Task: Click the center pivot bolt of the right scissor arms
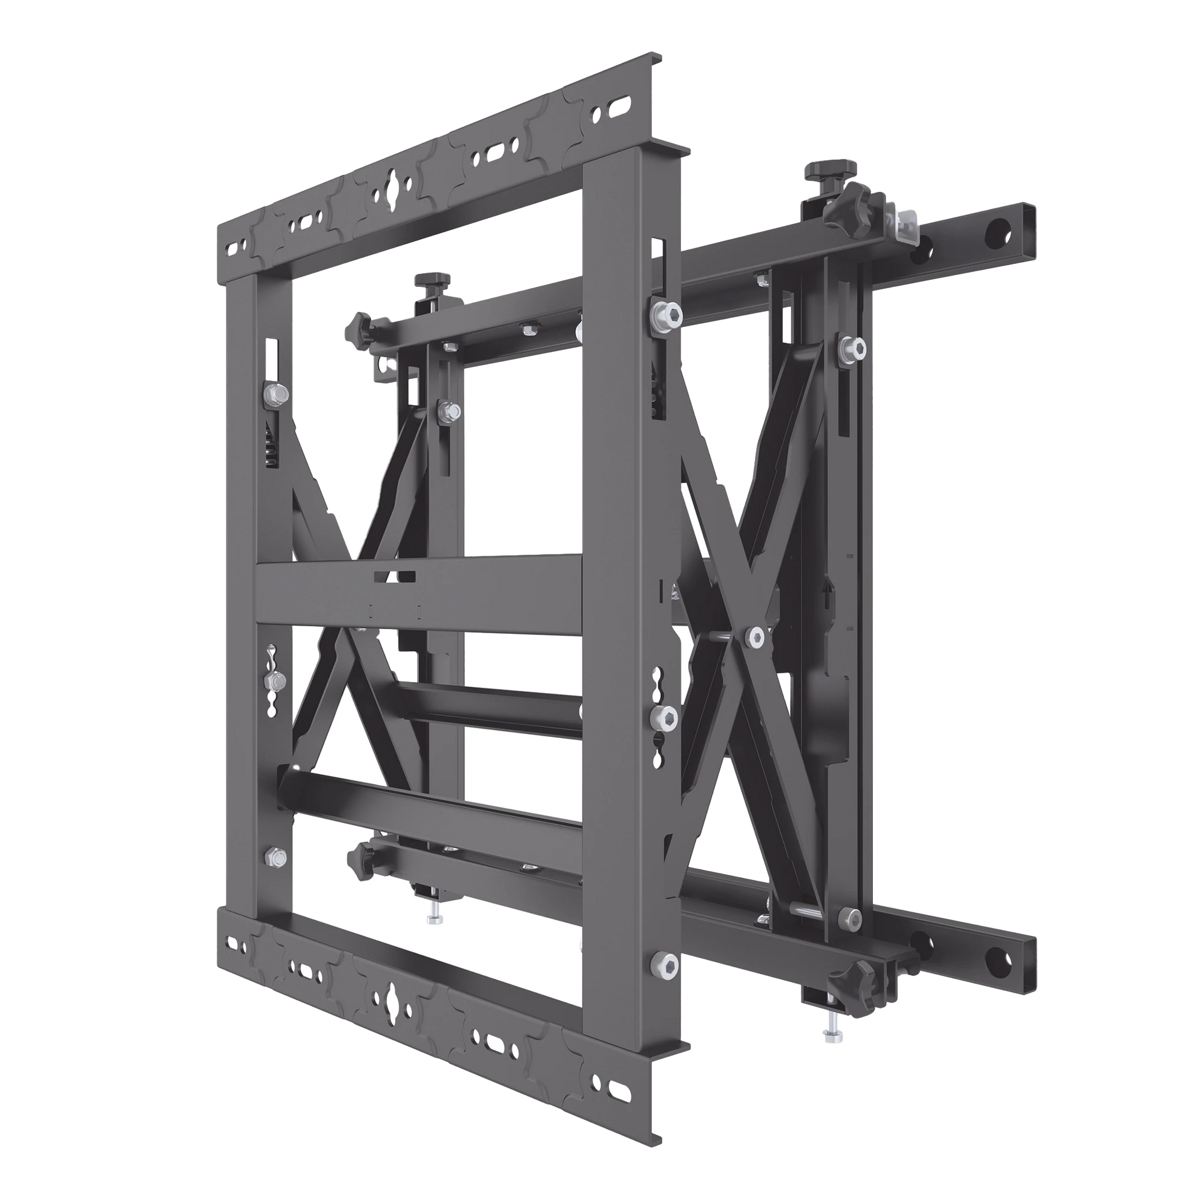pos(756,637)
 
